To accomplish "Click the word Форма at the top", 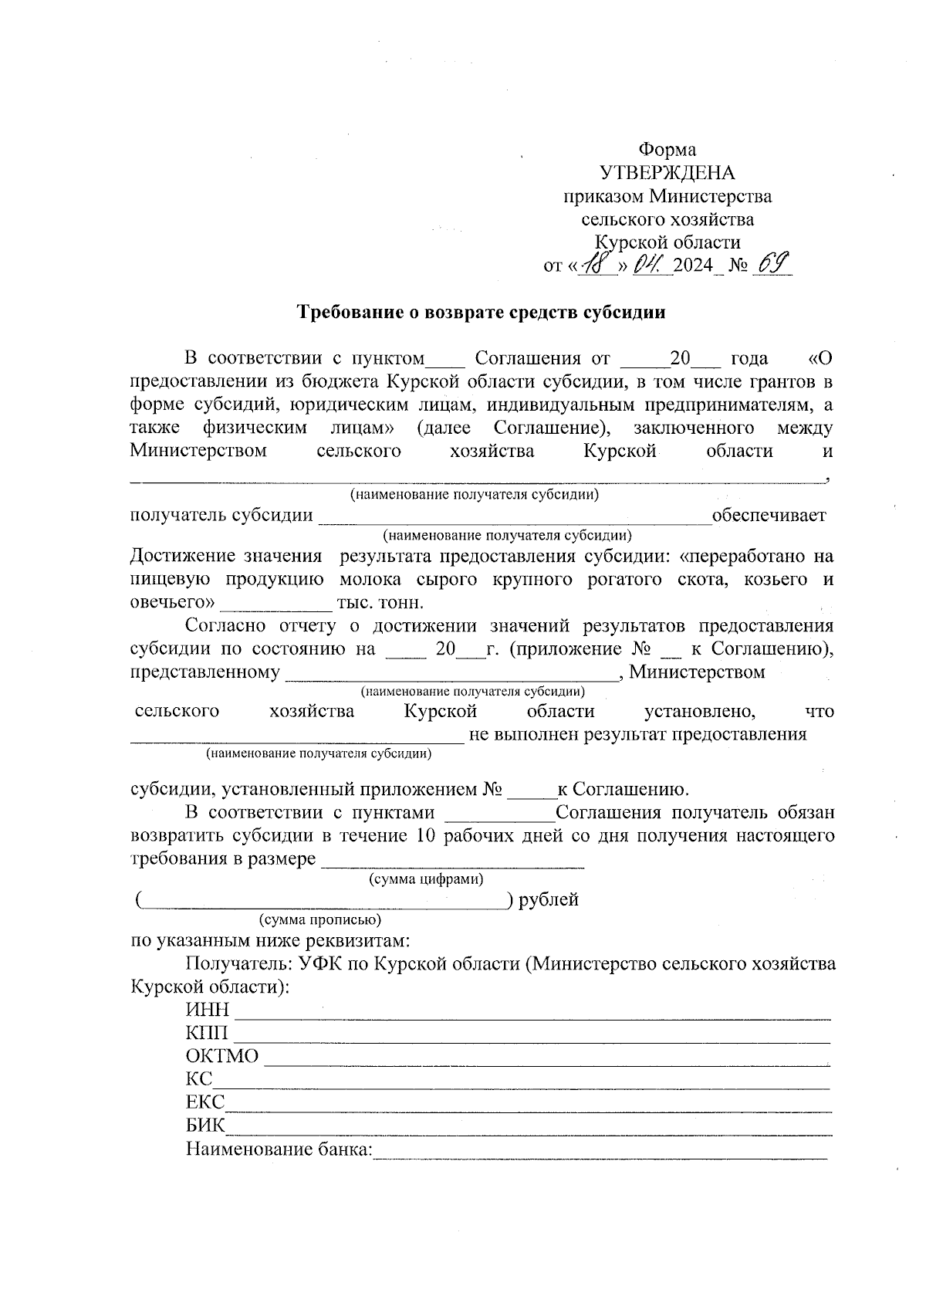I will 667,150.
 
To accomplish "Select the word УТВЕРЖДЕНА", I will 667,173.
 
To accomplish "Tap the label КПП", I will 207,1033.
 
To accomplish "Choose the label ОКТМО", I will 222,1056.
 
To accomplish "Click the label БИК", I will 205,1126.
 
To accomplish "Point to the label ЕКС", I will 205,1102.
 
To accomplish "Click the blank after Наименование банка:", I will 600,1150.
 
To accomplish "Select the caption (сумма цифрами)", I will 426,879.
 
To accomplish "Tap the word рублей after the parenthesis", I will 549,900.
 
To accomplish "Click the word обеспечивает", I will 769,515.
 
